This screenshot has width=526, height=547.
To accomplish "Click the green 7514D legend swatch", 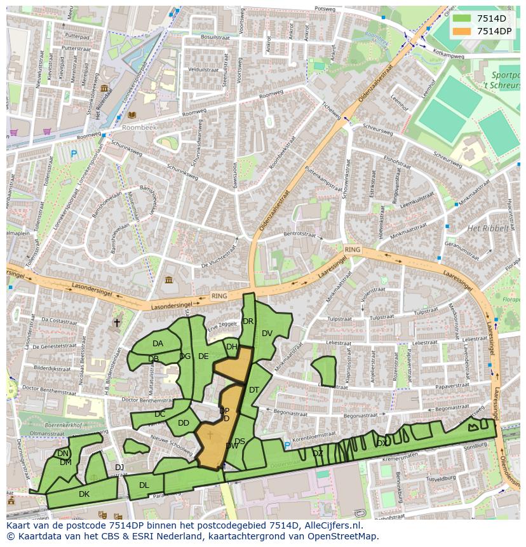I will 462,18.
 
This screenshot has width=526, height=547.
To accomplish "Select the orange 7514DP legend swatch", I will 462,31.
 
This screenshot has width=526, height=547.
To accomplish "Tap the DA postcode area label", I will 158,344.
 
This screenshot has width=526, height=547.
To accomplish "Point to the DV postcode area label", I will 267,334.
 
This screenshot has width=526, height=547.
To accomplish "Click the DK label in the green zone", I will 84,494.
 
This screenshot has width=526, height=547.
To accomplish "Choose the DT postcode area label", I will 254,390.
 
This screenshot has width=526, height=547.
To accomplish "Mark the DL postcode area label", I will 144,485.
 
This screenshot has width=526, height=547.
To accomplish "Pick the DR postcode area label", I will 248,321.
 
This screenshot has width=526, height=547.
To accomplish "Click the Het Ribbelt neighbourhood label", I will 488,228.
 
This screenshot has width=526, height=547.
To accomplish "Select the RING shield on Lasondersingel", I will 219,296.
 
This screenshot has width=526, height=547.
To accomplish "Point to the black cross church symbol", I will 116,323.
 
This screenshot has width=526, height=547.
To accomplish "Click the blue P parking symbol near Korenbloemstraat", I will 287,445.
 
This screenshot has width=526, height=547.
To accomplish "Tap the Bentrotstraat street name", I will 299,234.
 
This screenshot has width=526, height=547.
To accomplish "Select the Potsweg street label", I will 324,10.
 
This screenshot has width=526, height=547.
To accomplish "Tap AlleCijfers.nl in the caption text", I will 330,525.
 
